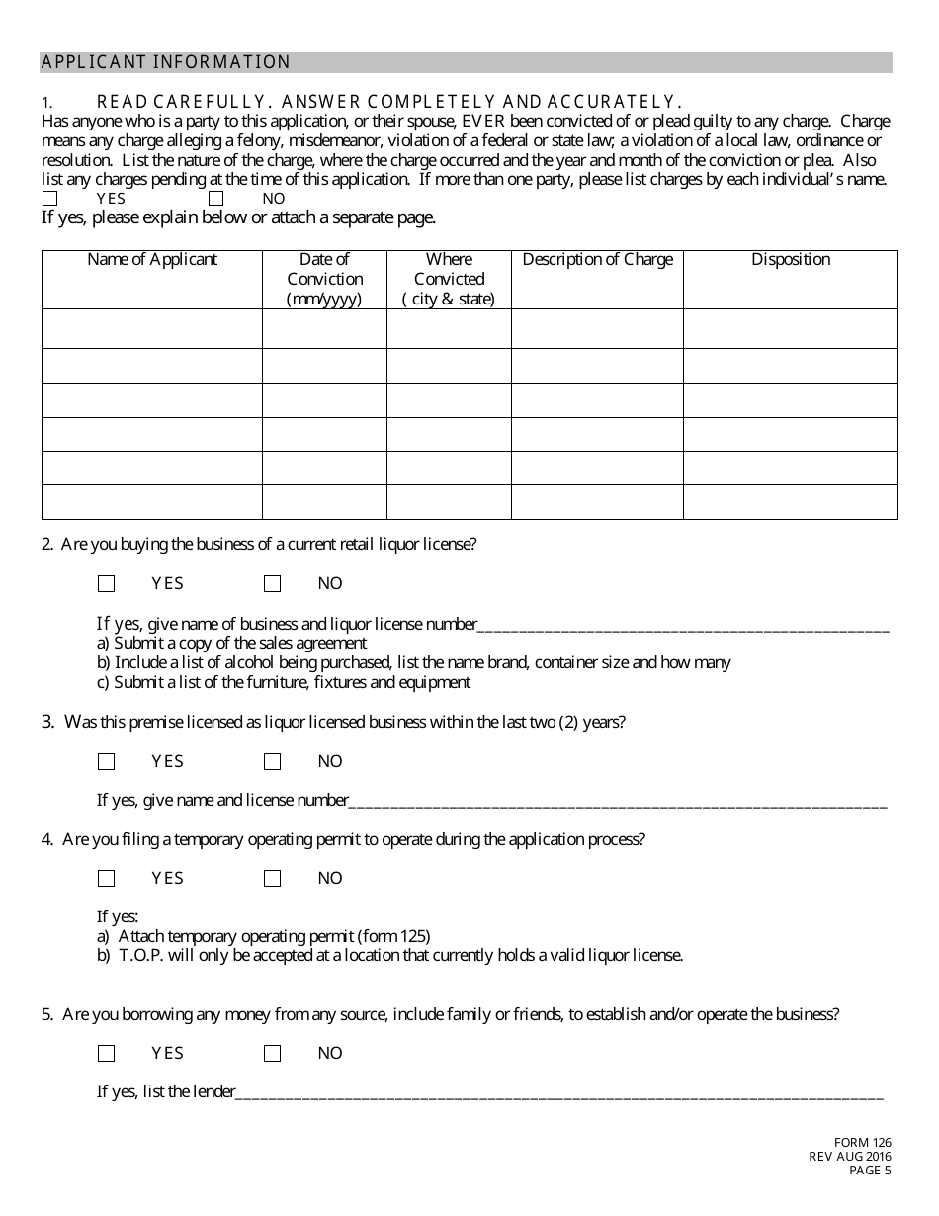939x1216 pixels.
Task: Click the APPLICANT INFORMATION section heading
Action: tap(166, 63)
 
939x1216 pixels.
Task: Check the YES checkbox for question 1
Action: tap(49, 199)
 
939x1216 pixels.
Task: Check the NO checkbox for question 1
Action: tap(215, 199)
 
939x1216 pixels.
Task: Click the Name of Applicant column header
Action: tap(152, 260)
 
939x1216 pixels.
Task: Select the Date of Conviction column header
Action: tap(324, 279)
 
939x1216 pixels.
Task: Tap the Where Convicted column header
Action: tap(449, 279)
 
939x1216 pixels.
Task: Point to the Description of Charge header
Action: tap(597, 260)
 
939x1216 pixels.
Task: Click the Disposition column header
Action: tap(791, 260)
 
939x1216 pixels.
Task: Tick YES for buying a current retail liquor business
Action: tap(107, 584)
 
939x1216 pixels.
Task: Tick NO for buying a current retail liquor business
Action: tap(273, 584)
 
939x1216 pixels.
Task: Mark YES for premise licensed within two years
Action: tap(107, 762)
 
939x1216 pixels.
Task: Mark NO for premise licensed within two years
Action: tap(273, 762)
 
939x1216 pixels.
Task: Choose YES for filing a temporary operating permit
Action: tap(107, 879)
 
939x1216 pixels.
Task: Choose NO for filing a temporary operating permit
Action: tap(273, 879)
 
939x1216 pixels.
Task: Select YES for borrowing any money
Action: tap(107, 1054)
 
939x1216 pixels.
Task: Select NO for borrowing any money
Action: tap(273, 1054)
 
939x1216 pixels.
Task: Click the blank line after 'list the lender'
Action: tap(559, 1092)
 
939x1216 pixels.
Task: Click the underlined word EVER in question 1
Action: tap(483, 122)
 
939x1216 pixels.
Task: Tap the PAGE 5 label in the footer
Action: tap(871, 1172)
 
